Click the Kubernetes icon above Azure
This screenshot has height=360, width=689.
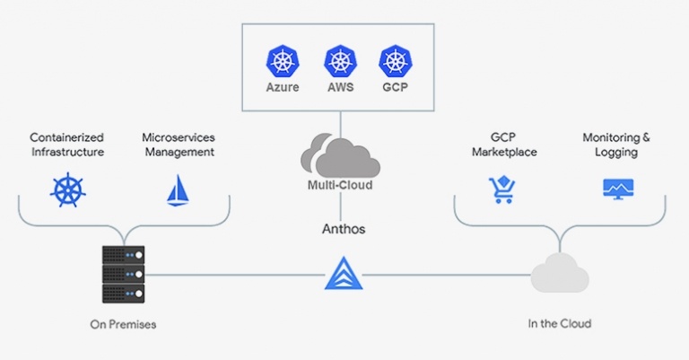(x=282, y=62)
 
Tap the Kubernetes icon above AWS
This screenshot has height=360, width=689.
(x=339, y=62)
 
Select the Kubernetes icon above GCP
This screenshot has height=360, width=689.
(x=396, y=62)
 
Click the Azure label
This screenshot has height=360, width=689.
(x=282, y=88)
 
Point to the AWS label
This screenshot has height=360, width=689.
(x=339, y=88)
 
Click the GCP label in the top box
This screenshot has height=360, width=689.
(x=396, y=88)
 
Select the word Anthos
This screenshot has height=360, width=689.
(x=344, y=229)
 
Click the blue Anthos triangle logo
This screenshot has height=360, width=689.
(x=343, y=274)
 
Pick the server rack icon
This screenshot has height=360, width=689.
(x=124, y=275)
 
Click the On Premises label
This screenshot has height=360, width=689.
(x=123, y=323)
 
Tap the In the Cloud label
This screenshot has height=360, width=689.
(x=559, y=323)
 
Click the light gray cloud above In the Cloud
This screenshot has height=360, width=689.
(x=559, y=275)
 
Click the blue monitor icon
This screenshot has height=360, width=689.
(x=617, y=189)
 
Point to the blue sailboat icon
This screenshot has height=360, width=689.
(x=178, y=190)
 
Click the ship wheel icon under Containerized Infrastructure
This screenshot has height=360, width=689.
(x=65, y=190)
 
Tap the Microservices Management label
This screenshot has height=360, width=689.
(x=178, y=145)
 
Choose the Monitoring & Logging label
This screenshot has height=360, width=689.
(x=616, y=145)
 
